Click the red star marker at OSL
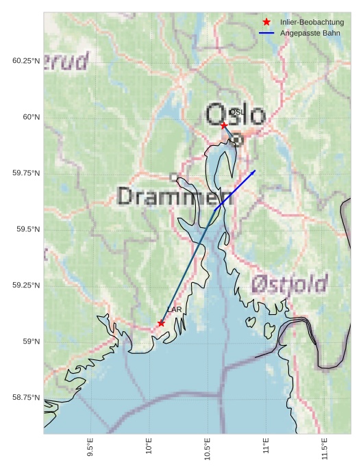point(224,125)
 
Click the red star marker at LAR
point(161,323)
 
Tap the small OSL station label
point(236,112)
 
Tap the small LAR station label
point(175,309)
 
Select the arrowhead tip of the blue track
point(255,170)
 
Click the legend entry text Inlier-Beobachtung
point(312,23)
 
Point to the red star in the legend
point(266,23)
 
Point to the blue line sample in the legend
point(266,33)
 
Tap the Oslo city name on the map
point(235,114)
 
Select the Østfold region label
point(289,283)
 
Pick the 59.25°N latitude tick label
point(27,285)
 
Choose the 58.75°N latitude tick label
point(27,398)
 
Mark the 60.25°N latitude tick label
point(27,61)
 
